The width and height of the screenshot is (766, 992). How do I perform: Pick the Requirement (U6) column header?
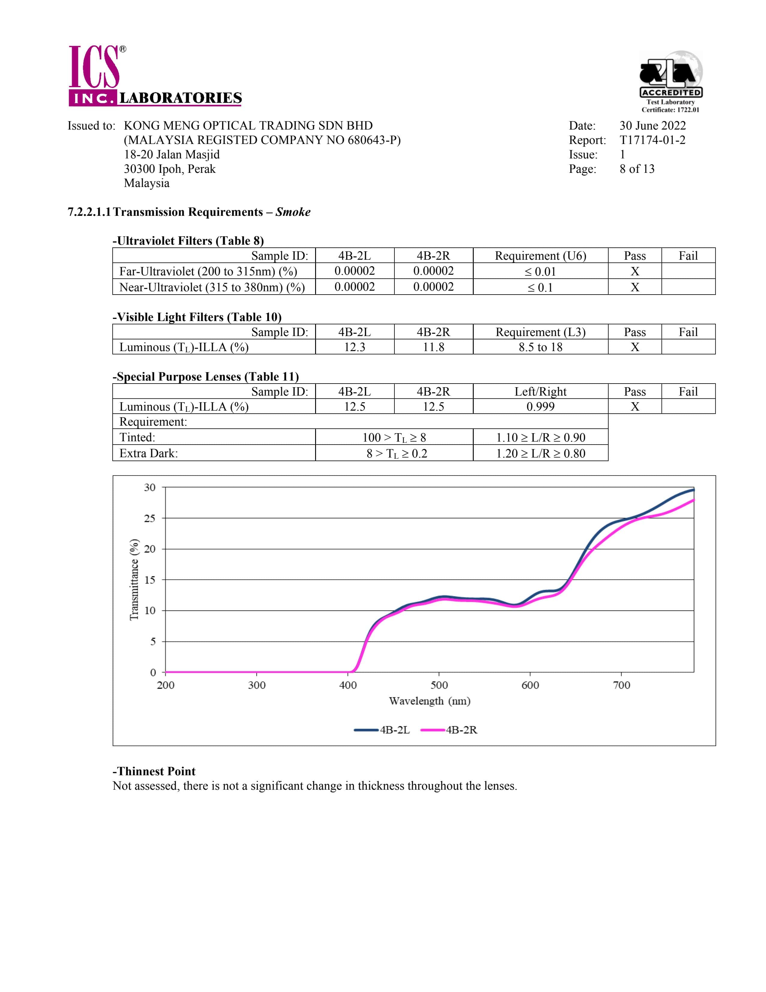click(x=540, y=256)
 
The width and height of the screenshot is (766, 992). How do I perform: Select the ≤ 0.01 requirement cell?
click(x=540, y=272)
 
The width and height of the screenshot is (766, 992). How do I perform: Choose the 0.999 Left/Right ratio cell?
click(x=540, y=406)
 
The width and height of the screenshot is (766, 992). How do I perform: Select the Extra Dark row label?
click(x=148, y=453)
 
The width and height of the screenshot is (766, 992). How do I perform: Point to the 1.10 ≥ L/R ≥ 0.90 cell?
click(x=540, y=437)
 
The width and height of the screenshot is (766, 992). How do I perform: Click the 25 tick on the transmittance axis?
click(x=150, y=518)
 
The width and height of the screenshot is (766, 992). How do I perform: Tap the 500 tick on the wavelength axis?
click(x=439, y=685)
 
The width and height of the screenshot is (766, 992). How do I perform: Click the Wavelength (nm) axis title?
click(x=429, y=701)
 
